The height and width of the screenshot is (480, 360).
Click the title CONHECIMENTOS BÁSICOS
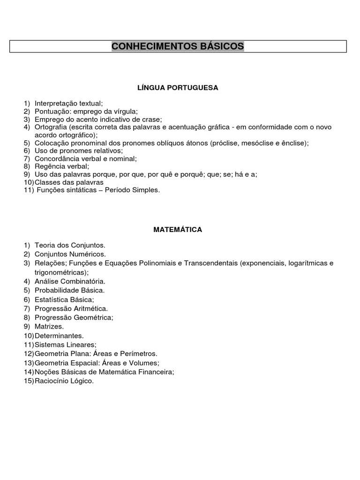pyautogui.click(x=178, y=46)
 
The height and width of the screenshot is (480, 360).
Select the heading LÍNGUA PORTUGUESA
pyautogui.click(x=178, y=88)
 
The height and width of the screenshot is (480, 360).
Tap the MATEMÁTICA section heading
pyautogui.click(x=178, y=229)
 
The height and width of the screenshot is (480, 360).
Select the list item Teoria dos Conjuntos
pyautogui.click(x=70, y=245)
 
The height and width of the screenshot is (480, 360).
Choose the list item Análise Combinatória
pyautogui.click(x=70, y=281)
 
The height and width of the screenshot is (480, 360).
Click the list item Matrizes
pyautogui.click(x=49, y=326)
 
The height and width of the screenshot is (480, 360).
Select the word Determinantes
pyautogui.click(x=59, y=336)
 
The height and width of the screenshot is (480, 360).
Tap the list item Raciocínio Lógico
pyautogui.click(x=64, y=381)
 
